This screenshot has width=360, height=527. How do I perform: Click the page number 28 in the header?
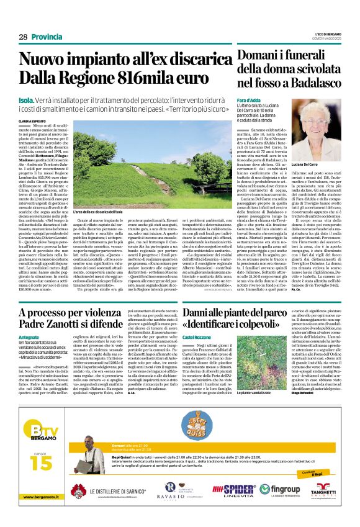[x=23, y=37]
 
